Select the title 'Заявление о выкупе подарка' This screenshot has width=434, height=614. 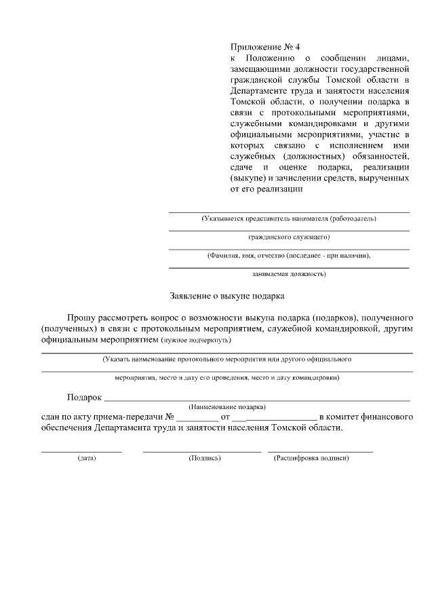pyautogui.click(x=227, y=296)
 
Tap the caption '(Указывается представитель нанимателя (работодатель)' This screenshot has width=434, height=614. pyautogui.click(x=289, y=218)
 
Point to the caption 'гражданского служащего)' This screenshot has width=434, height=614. pyautogui.click(x=289, y=237)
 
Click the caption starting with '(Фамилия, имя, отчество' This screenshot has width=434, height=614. pyautogui.click(x=289, y=256)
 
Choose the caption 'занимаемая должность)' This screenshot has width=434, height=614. pyautogui.click(x=289, y=274)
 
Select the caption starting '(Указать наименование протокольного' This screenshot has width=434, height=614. pyautogui.click(x=226, y=358)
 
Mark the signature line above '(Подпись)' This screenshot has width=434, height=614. pyautogui.click(x=201, y=450)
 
